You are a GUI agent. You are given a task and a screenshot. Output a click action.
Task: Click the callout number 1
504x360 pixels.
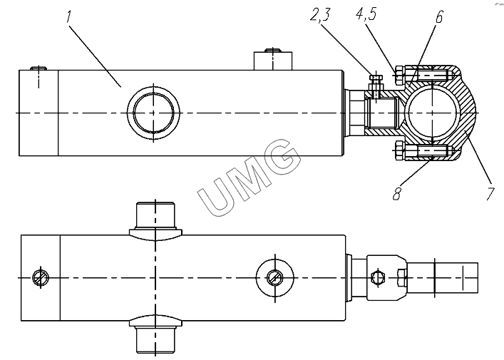(x=68, y=16)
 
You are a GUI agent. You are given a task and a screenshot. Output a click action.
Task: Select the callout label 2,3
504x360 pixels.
(x=320, y=15)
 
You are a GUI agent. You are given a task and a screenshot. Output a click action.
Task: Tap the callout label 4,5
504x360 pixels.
(x=366, y=14)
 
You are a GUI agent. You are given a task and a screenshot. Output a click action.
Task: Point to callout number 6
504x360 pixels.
(x=438, y=16)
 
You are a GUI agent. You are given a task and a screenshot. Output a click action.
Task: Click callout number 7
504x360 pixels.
(x=490, y=194)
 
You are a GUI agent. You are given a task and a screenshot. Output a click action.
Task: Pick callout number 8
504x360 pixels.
(x=396, y=193)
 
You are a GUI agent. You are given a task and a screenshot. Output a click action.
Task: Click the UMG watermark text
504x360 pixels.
(x=249, y=177)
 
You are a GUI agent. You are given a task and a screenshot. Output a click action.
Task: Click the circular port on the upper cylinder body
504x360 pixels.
(x=153, y=113)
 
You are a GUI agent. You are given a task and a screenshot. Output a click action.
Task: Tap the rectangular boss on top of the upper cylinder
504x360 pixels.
(x=273, y=61)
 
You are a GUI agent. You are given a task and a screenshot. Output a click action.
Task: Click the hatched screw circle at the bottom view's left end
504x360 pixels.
(x=41, y=277)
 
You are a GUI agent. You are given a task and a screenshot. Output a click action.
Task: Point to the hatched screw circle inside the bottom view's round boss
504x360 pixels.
(x=275, y=277)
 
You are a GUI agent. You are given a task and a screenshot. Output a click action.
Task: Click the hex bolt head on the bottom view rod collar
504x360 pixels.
(x=378, y=277)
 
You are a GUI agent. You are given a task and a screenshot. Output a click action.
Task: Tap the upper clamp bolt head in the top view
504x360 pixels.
(x=399, y=76)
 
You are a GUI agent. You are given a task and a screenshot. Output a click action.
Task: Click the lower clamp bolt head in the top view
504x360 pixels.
(x=399, y=150)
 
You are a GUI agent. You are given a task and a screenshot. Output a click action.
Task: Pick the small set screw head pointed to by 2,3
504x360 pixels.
(x=376, y=78)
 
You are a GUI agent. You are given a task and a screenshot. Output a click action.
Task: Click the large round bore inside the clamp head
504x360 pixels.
(x=432, y=113)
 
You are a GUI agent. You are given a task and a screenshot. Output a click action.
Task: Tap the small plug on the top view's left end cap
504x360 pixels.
(x=39, y=68)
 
